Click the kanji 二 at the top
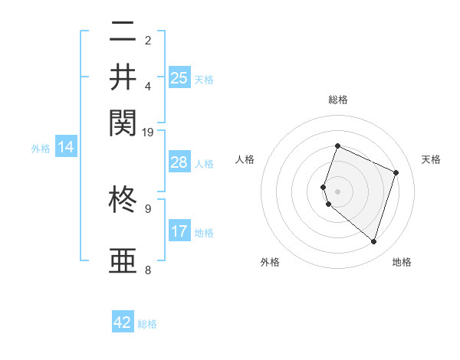pyautogui.click(x=123, y=33)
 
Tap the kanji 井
pyautogui.click(x=123, y=77)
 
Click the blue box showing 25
pyautogui.click(x=179, y=77)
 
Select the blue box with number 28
pyautogui.click(x=179, y=162)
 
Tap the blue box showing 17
pyautogui.click(x=179, y=231)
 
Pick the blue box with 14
pyautogui.click(x=65, y=147)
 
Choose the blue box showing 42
pyautogui.click(x=123, y=322)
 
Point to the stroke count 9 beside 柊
pyautogui.click(x=147, y=208)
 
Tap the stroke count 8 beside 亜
pyautogui.click(x=147, y=270)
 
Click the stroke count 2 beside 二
pyautogui.click(x=147, y=41)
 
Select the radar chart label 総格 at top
pyautogui.click(x=338, y=100)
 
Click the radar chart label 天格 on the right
pyautogui.click(x=431, y=159)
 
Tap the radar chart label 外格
pyautogui.click(x=270, y=262)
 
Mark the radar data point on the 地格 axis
pyautogui.click(x=373, y=241)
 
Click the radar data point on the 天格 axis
pyautogui.click(x=396, y=172)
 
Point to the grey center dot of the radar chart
pyautogui.click(x=338, y=191)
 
